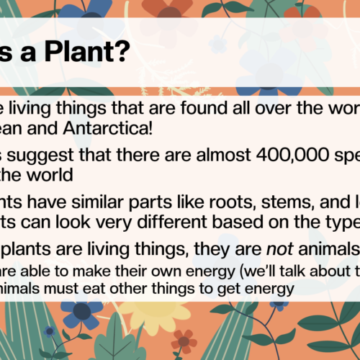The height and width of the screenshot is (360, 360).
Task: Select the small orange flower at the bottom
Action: pos(184,339)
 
